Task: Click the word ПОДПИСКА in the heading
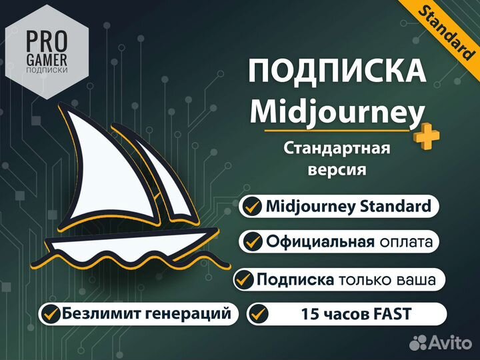[337, 71]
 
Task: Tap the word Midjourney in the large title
[337, 111]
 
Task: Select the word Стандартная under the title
[337, 147]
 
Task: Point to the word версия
[337, 169]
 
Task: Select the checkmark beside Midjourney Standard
[252, 207]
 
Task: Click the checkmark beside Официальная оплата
[252, 241]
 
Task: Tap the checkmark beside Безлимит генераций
[51, 312]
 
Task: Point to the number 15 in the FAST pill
[309, 313]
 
